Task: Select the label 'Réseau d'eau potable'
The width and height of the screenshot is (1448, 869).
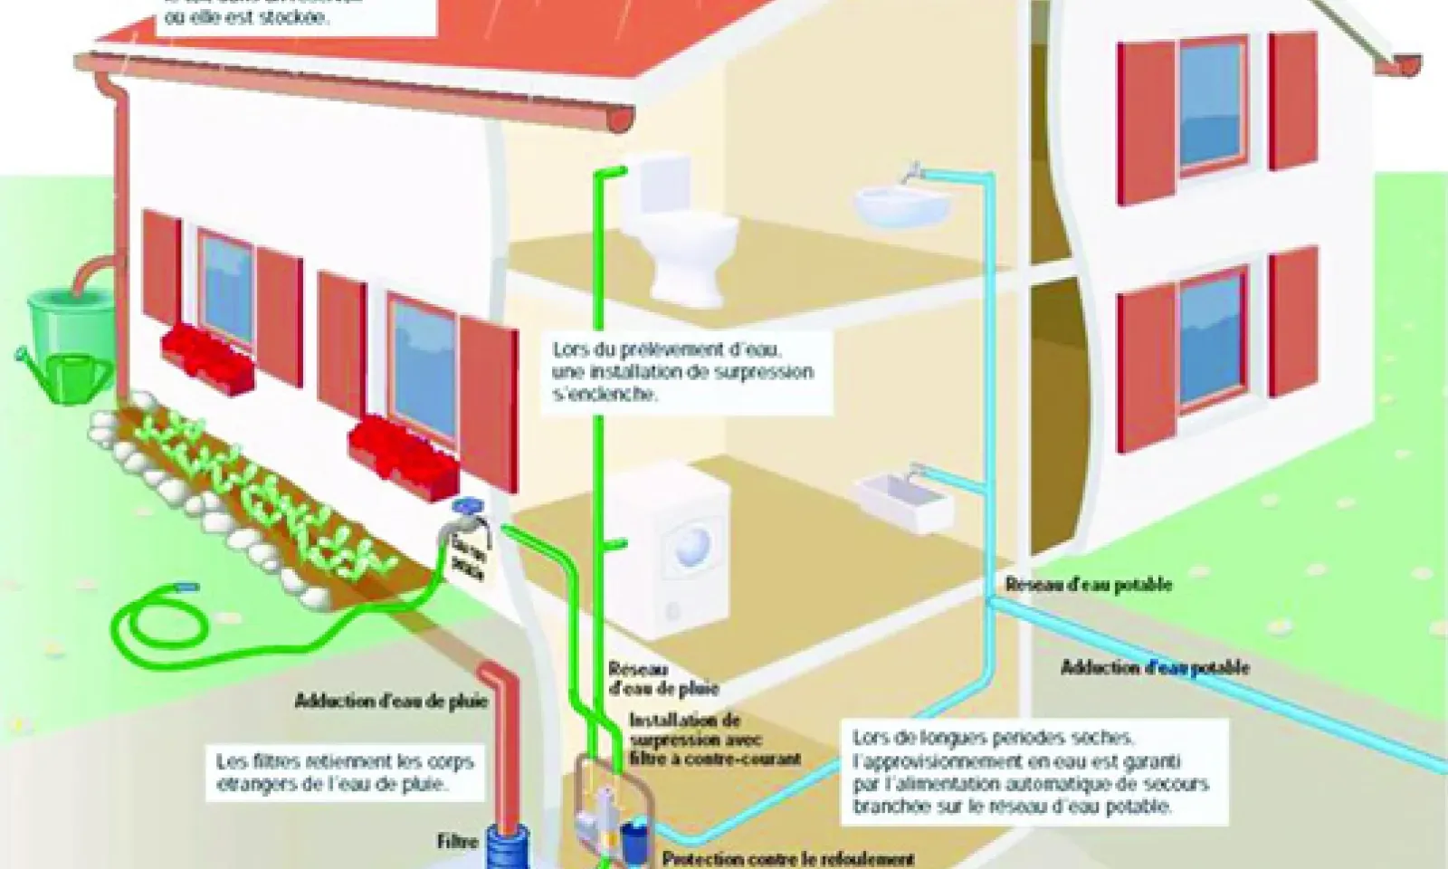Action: (1088, 585)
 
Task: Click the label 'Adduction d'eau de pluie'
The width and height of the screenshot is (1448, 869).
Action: (391, 701)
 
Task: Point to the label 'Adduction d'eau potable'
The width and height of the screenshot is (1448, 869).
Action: (1155, 668)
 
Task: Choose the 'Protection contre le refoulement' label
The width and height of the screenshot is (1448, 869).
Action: (788, 858)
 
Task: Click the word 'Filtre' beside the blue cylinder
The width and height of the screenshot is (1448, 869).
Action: (457, 841)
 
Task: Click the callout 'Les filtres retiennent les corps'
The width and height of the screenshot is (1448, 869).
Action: (344, 773)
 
